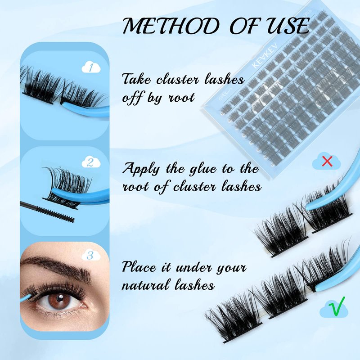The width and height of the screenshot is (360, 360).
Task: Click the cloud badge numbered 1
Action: (x=91, y=67)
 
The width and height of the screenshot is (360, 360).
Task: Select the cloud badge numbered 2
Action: (x=91, y=162)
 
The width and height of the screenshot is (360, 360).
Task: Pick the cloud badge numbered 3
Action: (x=91, y=255)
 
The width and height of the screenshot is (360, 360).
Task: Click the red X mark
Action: (x=327, y=161)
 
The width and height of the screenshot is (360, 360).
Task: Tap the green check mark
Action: (x=337, y=306)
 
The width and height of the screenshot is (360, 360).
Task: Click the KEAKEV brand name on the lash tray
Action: (x=265, y=55)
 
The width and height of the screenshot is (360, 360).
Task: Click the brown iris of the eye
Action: (x=60, y=299)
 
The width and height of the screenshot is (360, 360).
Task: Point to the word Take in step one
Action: (x=137, y=80)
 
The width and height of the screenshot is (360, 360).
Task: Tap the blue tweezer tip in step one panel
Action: (x=65, y=104)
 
